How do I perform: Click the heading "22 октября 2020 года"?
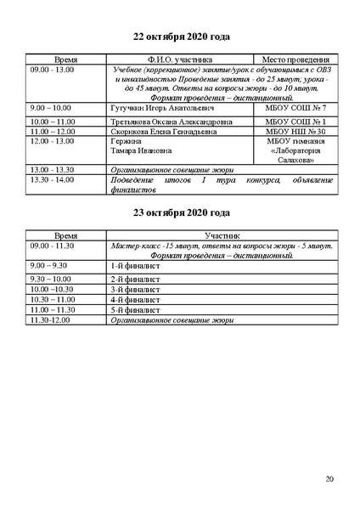182,37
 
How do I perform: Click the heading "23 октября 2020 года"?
182,212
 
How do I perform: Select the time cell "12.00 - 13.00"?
52,141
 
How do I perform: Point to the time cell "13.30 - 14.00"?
52,180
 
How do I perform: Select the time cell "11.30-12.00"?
50,320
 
